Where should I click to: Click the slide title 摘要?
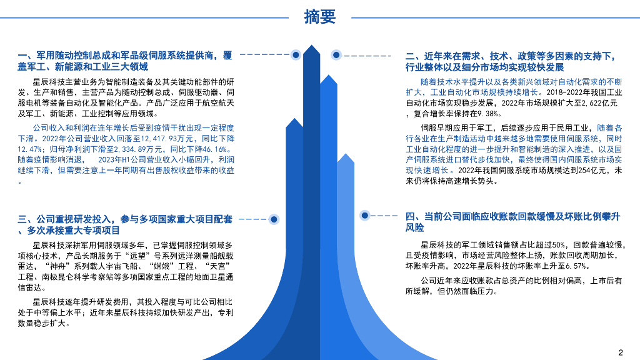pyautogui.click(x=319, y=17)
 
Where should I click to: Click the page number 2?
pyautogui.click(x=621, y=351)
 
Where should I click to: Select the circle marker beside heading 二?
pyautogui.click(x=336, y=55)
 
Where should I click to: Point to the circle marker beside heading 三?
pyautogui.click(x=273, y=219)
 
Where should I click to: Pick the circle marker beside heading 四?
pyautogui.click(x=365, y=215)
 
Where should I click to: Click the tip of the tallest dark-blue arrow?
pyautogui.click(x=311, y=46)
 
